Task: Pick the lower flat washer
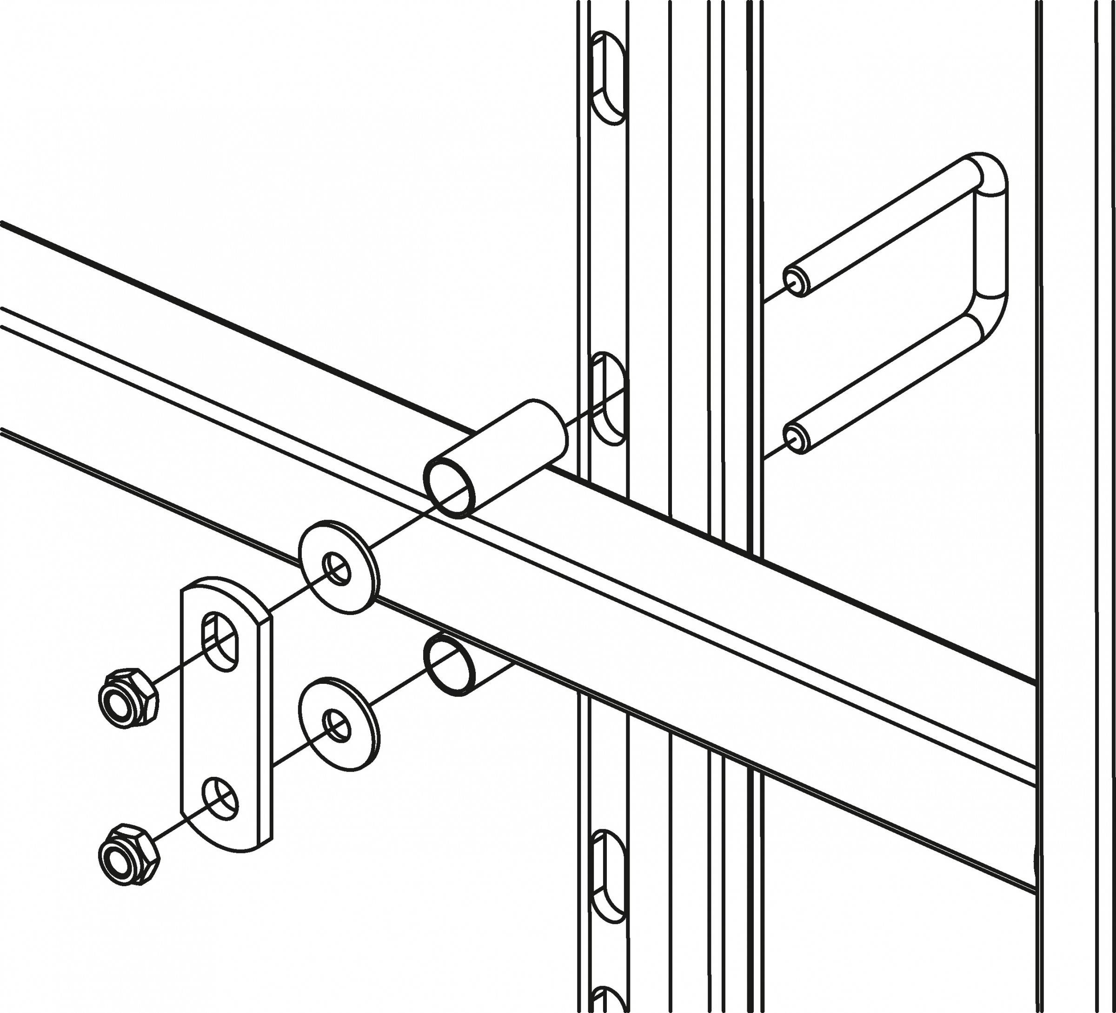point(339,723)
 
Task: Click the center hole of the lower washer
point(338,726)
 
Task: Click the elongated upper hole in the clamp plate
point(220,641)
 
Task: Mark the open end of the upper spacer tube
point(450,487)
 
